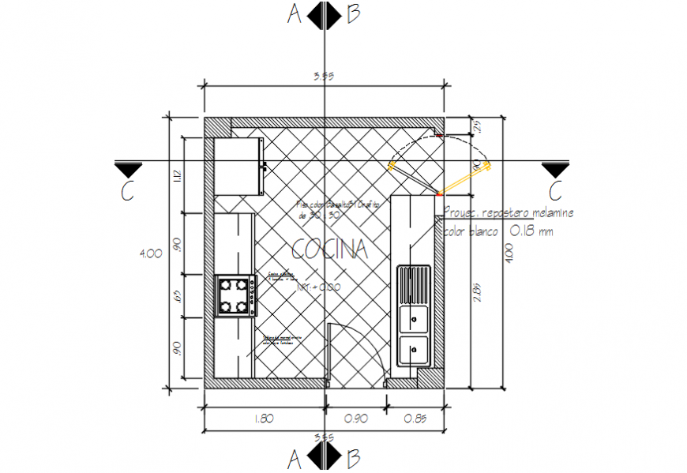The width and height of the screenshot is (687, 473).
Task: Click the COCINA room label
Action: coord(330,250)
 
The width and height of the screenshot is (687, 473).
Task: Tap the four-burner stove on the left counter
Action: coord(235,295)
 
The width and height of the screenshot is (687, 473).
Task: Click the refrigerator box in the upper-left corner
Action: coord(238,166)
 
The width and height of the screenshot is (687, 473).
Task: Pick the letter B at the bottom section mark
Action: coord(353,457)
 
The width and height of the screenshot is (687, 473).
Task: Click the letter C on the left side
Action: coord(127,191)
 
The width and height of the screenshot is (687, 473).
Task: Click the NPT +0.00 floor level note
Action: coord(318,289)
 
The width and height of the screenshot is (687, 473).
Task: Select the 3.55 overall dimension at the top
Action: coord(324,77)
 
